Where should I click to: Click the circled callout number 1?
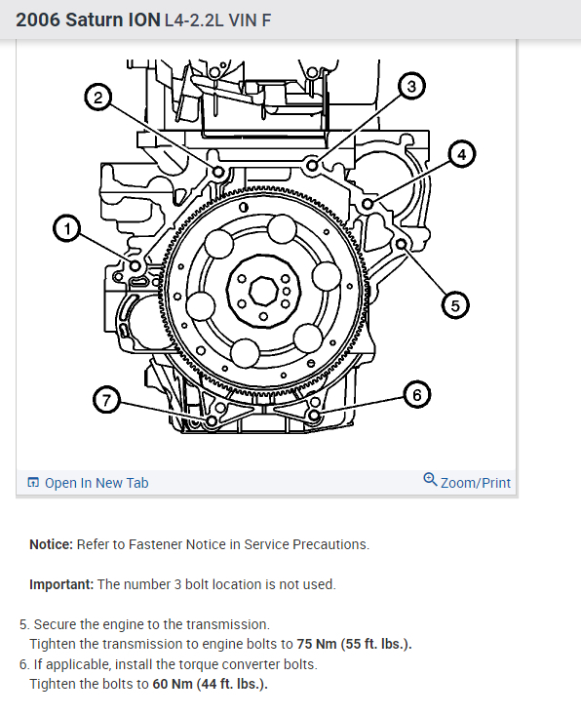[x=67, y=229]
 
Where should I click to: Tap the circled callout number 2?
[x=98, y=98]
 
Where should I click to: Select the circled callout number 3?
[x=411, y=86]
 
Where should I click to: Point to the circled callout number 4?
[x=461, y=154]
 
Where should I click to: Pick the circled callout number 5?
[x=455, y=305]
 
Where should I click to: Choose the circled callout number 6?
[x=416, y=395]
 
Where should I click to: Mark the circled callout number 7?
[x=106, y=400]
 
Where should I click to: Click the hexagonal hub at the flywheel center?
[x=263, y=290]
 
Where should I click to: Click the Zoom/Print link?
[x=475, y=483]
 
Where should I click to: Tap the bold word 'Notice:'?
[x=51, y=544]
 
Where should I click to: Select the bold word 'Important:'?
[x=61, y=584]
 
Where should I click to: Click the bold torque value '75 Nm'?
[x=317, y=644]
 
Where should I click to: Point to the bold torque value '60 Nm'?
[x=173, y=684]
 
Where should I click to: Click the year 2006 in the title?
[x=38, y=20]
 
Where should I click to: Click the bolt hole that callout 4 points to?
[x=368, y=204]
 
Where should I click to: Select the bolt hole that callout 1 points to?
[x=136, y=265]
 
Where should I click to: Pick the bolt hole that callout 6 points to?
[x=315, y=415]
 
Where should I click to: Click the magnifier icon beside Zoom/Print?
[x=430, y=480]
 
